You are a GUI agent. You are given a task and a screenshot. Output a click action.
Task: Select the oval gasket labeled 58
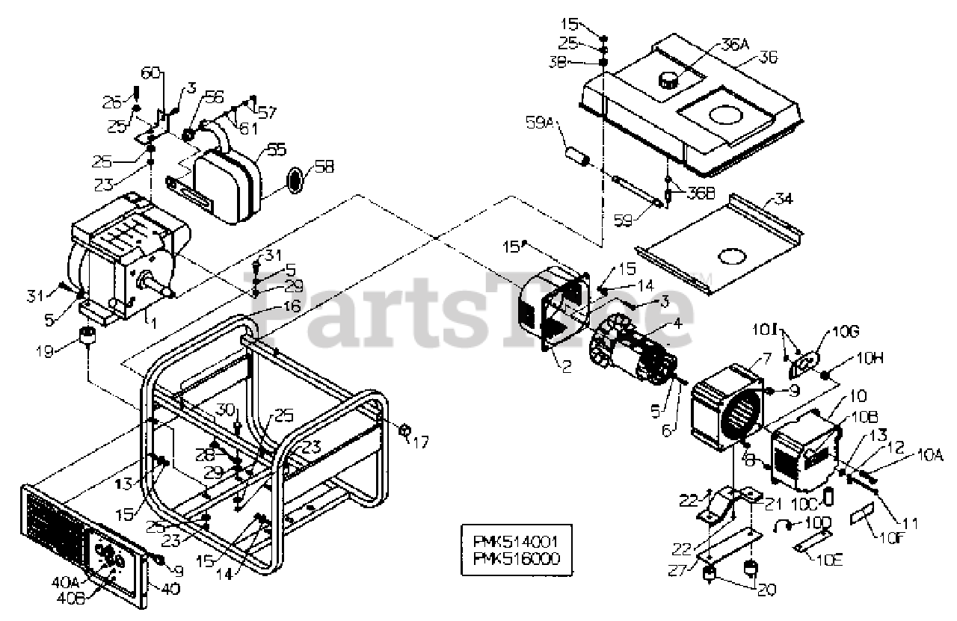(x=297, y=179)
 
